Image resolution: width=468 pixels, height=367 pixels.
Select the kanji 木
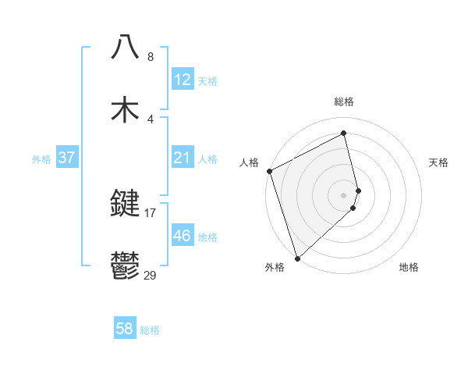tap(125, 109)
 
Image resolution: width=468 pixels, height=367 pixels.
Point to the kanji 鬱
tap(125, 267)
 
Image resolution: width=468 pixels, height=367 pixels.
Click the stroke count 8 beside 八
tap(151, 56)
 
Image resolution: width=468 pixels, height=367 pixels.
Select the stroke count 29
tap(151, 275)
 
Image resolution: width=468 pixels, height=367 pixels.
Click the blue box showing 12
tap(182, 80)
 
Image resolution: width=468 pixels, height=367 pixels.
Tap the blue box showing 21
tap(182, 158)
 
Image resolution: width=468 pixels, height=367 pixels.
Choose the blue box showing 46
tap(182, 236)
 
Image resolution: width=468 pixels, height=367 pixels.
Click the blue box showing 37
tap(66, 158)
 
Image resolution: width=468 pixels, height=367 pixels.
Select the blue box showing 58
tap(124, 329)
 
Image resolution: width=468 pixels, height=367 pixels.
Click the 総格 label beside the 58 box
tap(150, 330)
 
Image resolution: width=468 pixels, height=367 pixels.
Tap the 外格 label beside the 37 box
tap(41, 159)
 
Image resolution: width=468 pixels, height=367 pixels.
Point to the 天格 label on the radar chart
tap(439, 162)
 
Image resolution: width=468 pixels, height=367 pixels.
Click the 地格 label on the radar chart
tap(409, 268)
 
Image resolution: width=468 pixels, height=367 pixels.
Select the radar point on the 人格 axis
tap(269, 171)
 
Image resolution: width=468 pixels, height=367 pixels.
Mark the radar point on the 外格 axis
tap(297, 258)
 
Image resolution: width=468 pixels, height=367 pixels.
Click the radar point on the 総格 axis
tap(344, 134)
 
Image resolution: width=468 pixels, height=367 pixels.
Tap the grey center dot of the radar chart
tap(344, 194)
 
